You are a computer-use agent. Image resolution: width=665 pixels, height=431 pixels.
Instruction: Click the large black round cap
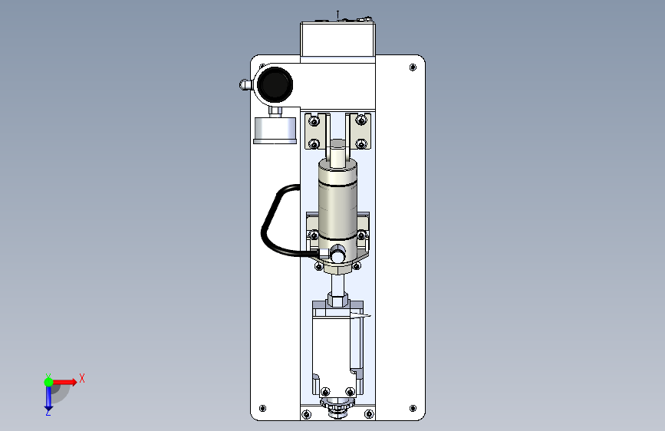[275, 84]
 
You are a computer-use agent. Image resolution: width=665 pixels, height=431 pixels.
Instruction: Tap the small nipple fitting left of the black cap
[245, 85]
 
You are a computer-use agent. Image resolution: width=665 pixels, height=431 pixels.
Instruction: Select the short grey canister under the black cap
[275, 130]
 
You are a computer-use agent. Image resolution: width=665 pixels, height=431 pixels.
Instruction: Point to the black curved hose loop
[275, 221]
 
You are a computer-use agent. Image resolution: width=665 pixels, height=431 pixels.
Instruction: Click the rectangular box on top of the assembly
[337, 39]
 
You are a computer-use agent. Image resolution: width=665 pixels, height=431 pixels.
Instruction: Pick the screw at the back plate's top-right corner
[413, 67]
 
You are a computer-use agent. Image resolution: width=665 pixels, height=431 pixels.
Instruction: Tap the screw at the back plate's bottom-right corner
[413, 408]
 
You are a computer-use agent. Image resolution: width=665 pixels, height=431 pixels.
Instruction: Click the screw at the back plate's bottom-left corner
[262, 408]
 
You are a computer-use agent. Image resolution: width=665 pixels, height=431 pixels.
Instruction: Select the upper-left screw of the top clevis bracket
[314, 121]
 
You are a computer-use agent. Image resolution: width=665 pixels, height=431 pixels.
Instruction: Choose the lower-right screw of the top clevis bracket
[361, 144]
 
